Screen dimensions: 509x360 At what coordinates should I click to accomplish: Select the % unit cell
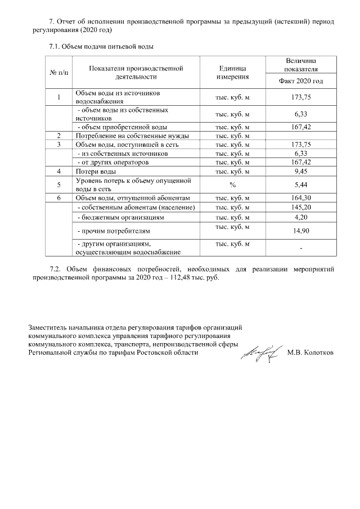pos(232,184)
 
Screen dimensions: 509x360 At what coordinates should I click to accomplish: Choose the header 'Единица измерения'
pos(232,73)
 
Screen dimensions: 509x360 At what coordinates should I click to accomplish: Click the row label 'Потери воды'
pos(96,171)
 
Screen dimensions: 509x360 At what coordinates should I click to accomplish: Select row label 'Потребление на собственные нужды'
pos(132,136)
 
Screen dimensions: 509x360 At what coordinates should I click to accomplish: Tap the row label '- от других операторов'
pos(112,162)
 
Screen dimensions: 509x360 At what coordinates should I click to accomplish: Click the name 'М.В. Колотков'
pos(310,353)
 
